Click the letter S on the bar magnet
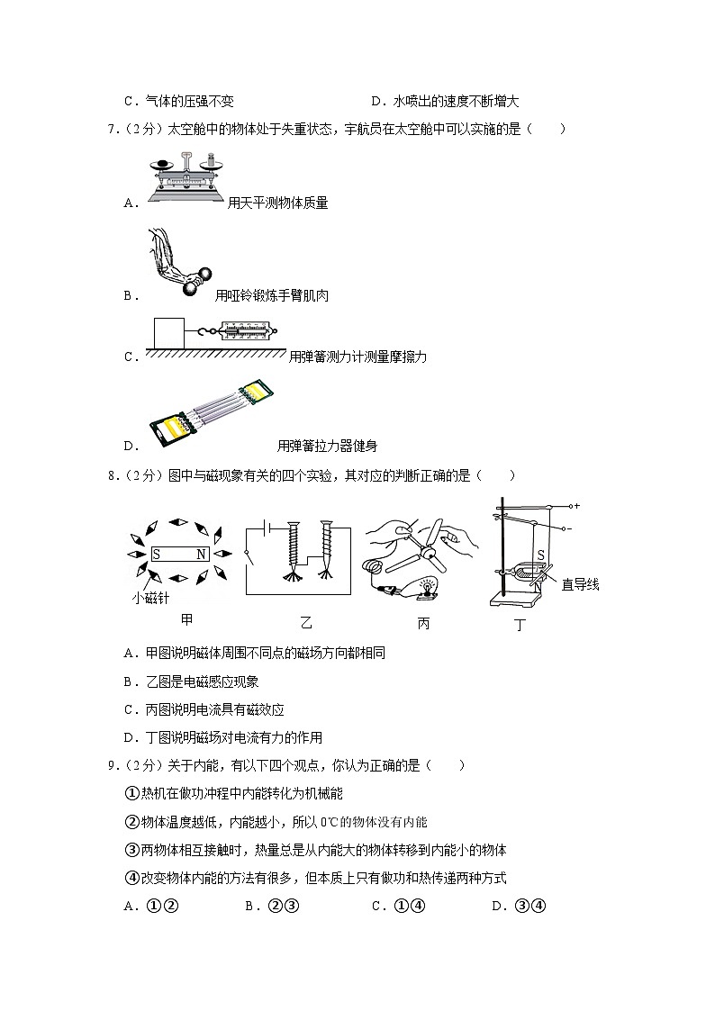(156, 555)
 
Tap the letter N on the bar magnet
(201, 555)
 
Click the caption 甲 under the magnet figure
(186, 618)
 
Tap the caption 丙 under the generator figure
(423, 622)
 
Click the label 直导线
(580, 585)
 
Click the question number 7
(111, 129)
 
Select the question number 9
(111, 766)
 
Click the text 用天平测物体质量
(277, 203)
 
